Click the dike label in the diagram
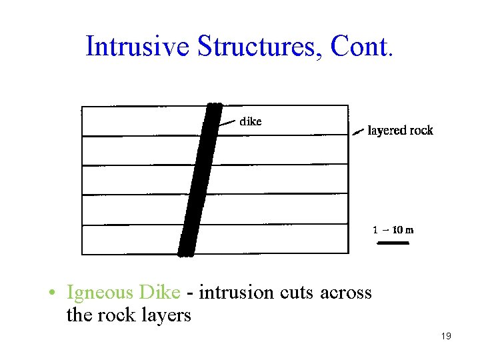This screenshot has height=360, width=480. [x=251, y=121]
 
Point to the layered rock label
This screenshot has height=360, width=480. [x=401, y=131]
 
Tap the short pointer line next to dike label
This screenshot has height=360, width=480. [x=227, y=123]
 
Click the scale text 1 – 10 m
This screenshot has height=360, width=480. [x=393, y=230]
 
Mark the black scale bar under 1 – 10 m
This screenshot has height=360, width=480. [x=393, y=243]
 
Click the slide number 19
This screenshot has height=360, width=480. [x=446, y=337]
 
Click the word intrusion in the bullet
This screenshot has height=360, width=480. [x=236, y=292]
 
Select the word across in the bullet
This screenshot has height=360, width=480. [x=346, y=292]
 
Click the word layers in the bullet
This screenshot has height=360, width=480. [x=166, y=314]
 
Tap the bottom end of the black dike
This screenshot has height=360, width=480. [x=187, y=252]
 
